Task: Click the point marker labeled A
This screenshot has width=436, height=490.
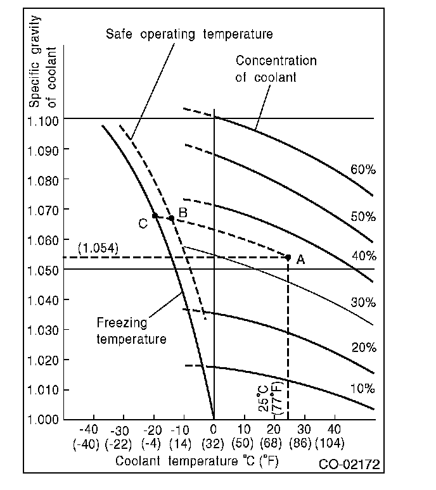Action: pyautogui.click(x=288, y=257)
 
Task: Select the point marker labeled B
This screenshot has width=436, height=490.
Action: pyautogui.click(x=171, y=218)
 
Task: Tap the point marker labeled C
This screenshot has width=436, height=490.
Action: pyautogui.click(x=155, y=215)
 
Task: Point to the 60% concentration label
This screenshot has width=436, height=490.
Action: pyautogui.click(x=363, y=170)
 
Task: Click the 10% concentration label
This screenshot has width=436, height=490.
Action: pyautogui.click(x=363, y=388)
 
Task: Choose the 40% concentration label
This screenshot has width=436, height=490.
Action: pyautogui.click(x=363, y=256)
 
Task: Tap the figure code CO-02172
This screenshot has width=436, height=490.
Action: pyautogui.click(x=349, y=465)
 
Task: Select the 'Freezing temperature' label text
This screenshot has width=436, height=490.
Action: pyautogui.click(x=131, y=331)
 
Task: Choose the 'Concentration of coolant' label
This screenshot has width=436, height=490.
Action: pyautogui.click(x=276, y=69)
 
